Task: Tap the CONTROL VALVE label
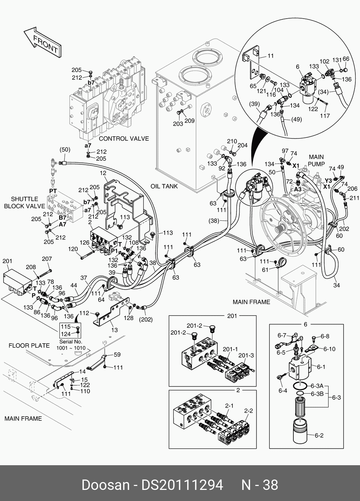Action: coord(124,138)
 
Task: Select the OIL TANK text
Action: coord(164,186)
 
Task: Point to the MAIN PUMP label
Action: coord(316,160)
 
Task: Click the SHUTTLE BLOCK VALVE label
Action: coord(24,203)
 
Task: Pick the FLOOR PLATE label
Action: coord(29,345)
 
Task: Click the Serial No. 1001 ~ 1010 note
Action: coord(71,345)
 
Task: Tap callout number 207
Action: coord(47,259)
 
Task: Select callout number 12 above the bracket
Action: coord(103,173)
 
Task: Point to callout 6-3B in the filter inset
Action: coord(317,394)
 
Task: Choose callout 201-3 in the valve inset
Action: coord(246,355)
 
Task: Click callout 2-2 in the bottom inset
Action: coord(249,411)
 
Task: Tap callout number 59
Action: coord(117,355)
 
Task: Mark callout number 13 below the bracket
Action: coord(114,330)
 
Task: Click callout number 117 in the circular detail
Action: coord(325,116)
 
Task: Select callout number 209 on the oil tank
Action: coord(189,121)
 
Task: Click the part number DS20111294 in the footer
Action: coord(183,485)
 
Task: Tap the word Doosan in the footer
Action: coord(105,485)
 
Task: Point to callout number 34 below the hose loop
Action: coord(336,285)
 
